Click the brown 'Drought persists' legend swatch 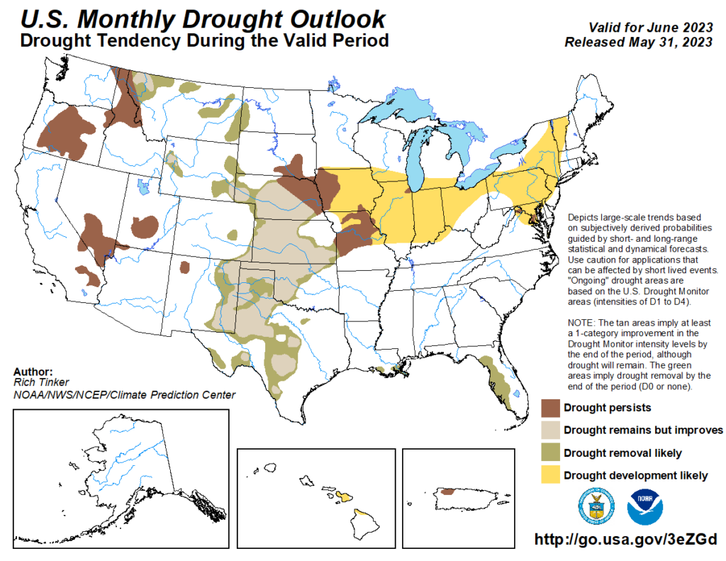pyautogui.click(x=550, y=408)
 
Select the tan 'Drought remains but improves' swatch pyautogui.click(x=550, y=430)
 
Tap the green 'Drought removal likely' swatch pyautogui.click(x=550, y=452)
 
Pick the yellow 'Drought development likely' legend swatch pyautogui.click(x=550, y=474)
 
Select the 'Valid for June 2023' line pyautogui.click(x=650, y=28)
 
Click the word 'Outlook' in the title pyautogui.click(x=333, y=18)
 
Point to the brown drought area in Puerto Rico pyautogui.click(x=447, y=491)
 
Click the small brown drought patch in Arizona pyautogui.click(x=185, y=267)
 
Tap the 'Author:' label pyautogui.click(x=33, y=372)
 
